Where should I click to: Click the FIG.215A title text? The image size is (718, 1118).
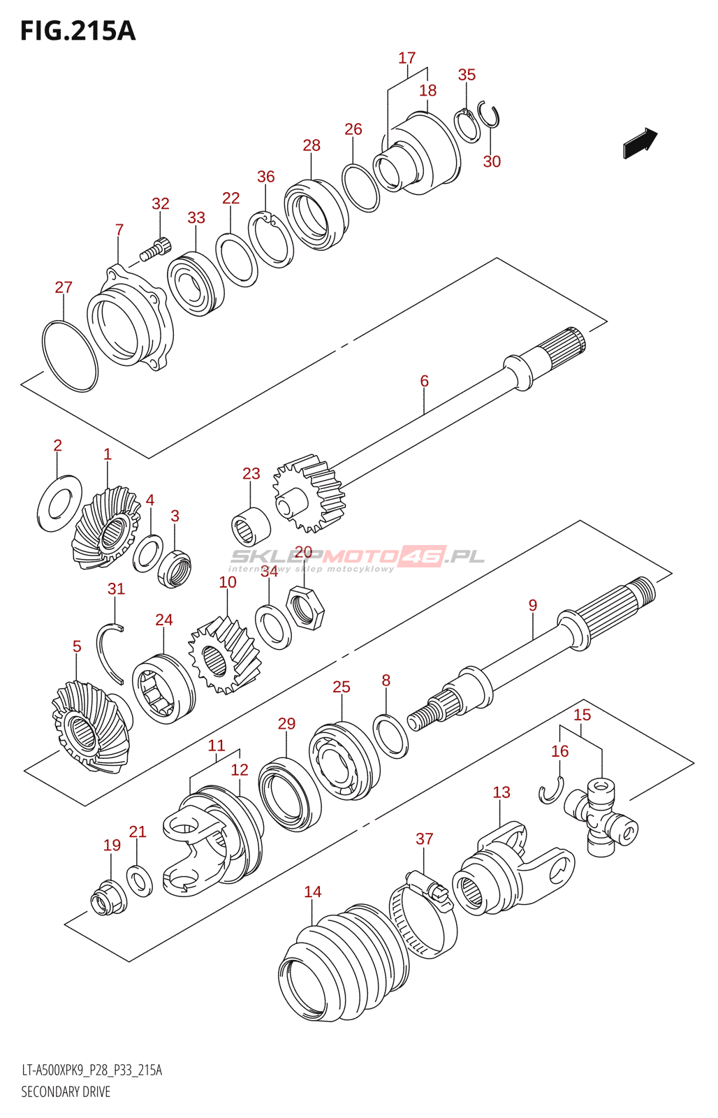pyautogui.click(x=78, y=31)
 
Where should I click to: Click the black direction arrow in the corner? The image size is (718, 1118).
pyautogui.click(x=640, y=143)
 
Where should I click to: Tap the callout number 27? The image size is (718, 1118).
pyautogui.click(x=64, y=287)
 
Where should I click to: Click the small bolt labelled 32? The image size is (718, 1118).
pyautogui.click(x=155, y=249)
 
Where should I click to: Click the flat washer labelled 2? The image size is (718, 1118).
pyautogui.click(x=58, y=502)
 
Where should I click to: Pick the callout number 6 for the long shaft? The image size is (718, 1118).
pyautogui.click(x=424, y=381)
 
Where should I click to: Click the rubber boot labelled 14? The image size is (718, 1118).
pyautogui.click(x=335, y=963)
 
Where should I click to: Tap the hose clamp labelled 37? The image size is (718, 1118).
pyautogui.click(x=424, y=916)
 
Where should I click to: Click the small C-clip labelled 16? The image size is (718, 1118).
pyautogui.click(x=551, y=790)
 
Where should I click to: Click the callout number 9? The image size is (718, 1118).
pyautogui.click(x=533, y=605)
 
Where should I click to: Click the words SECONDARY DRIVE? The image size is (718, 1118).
pyautogui.click(x=66, y=1091)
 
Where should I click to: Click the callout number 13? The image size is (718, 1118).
pyautogui.click(x=501, y=792)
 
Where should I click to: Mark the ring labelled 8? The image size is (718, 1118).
pyautogui.click(x=391, y=735)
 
